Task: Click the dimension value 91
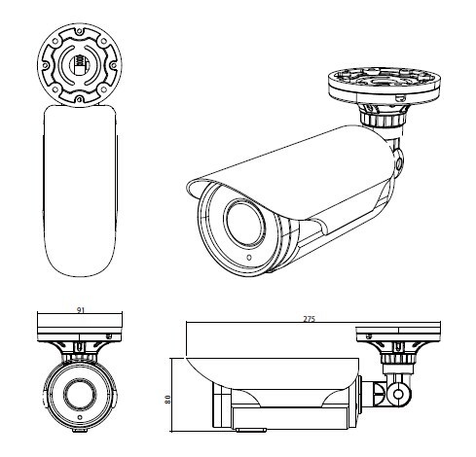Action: [x=81, y=310]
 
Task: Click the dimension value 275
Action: [x=310, y=319]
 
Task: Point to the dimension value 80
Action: [x=167, y=399]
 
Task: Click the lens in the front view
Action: [x=80, y=393]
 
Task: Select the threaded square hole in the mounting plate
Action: [x=80, y=63]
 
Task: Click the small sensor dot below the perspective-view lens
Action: [x=249, y=258]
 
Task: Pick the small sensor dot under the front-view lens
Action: [x=80, y=417]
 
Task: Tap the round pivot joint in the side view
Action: [x=398, y=394]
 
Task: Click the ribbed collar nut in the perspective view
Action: [x=383, y=118]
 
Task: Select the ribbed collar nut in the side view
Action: [x=398, y=359]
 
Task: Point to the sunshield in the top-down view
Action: [x=80, y=191]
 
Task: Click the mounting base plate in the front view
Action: [x=80, y=327]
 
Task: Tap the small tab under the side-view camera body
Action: [x=251, y=430]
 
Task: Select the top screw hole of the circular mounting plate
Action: [x=80, y=31]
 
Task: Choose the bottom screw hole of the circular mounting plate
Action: [x=80, y=98]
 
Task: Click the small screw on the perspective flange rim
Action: [x=400, y=97]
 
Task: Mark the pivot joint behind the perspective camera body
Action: [x=398, y=163]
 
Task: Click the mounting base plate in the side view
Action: [x=398, y=334]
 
